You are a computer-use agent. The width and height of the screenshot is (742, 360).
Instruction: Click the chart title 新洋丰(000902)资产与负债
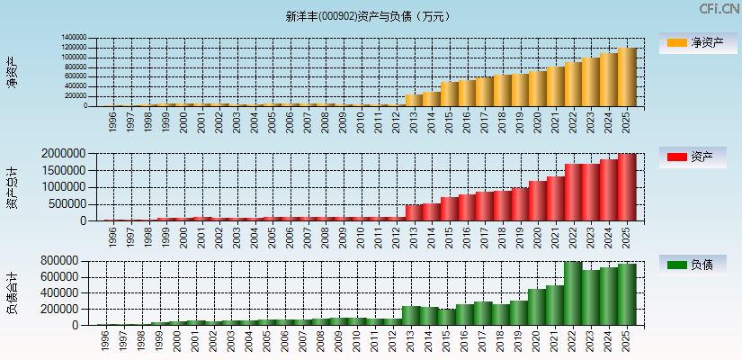tap(368, 16)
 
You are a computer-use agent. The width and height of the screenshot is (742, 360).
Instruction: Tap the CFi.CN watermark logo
tap(719, 9)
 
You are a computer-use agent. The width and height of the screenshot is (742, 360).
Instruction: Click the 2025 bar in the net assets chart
tap(626, 77)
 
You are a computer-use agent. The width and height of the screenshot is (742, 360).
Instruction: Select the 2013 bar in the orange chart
tap(414, 100)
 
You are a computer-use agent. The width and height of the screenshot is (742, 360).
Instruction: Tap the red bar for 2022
tap(573, 192)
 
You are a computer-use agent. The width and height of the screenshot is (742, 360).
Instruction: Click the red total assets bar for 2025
tap(626, 187)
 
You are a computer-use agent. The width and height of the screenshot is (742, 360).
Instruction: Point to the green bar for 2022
tap(573, 293)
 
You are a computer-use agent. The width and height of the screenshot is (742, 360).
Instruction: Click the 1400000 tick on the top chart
tap(74, 39)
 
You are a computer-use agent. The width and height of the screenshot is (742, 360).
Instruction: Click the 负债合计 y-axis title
tap(13, 292)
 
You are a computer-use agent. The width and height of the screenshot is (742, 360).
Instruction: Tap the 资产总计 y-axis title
tap(13, 187)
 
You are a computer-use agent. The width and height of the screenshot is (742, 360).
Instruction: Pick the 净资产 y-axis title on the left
tap(13, 72)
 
